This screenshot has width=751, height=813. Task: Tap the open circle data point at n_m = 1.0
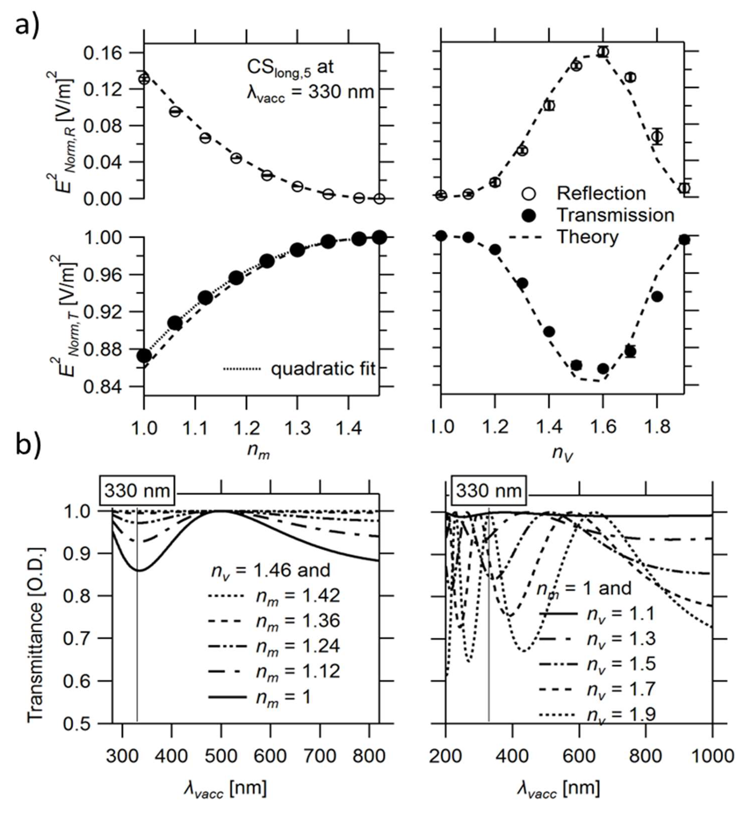(144, 78)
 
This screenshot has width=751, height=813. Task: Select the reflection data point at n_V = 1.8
(657, 137)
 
